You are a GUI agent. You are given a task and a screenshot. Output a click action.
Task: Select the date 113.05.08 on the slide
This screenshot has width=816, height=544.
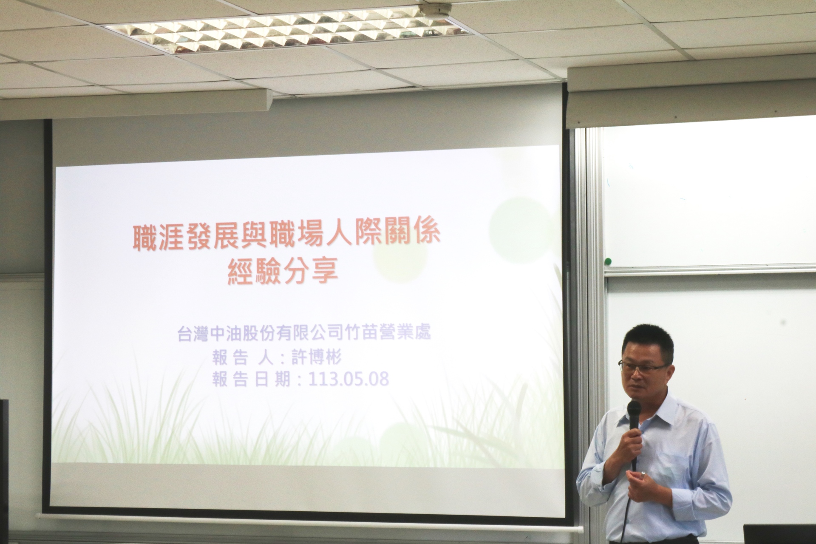[x=348, y=379]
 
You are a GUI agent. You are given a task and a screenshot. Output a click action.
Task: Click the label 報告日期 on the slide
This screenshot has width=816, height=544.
[x=251, y=380]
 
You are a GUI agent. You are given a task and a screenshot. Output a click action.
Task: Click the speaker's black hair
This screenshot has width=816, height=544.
[x=648, y=340]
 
